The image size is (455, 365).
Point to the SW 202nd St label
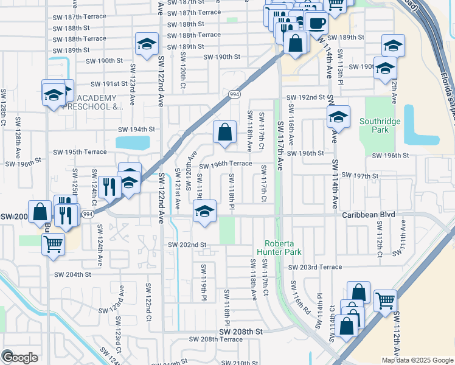[187, 245]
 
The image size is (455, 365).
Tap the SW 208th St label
[242, 331]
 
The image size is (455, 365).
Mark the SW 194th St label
[137, 130]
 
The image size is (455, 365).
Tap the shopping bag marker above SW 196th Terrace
[224, 131]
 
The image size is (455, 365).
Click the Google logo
[20, 357]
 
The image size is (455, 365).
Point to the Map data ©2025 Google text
[417, 360]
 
